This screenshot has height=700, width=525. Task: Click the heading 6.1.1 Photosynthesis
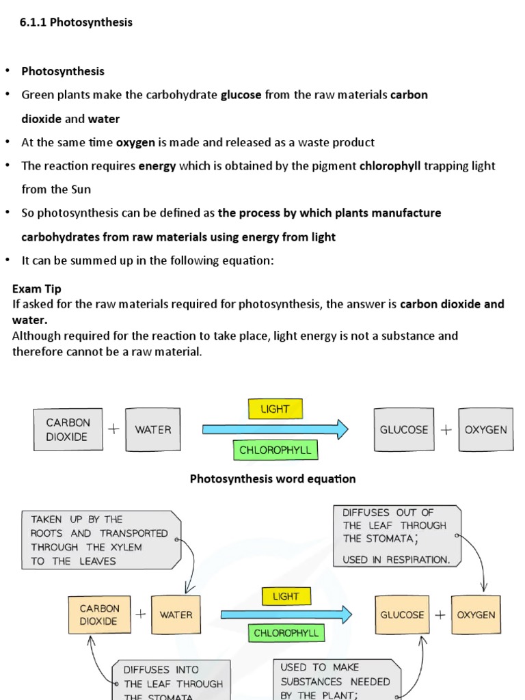coord(76,23)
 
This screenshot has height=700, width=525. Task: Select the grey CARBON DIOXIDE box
coord(67,430)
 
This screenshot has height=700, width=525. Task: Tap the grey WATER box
coord(153,430)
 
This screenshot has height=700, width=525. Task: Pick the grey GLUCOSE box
coord(404,430)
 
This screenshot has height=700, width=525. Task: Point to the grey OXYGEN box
coord(486,430)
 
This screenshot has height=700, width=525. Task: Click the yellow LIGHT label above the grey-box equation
coord(275,409)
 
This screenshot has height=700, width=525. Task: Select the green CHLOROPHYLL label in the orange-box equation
coord(286,633)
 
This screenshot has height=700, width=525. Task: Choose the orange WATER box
coord(176,615)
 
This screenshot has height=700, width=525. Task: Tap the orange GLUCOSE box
coord(402,615)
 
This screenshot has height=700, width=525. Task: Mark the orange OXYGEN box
coord(476,615)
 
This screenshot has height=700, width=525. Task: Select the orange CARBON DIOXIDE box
coord(99,615)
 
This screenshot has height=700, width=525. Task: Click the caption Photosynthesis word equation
coord(272,479)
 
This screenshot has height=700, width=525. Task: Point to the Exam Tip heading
coord(37,289)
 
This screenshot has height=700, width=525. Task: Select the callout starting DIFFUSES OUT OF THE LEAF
coord(396,536)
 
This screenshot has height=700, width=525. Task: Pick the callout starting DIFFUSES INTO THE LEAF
coord(171,682)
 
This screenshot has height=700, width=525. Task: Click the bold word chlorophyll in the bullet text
coord(390,166)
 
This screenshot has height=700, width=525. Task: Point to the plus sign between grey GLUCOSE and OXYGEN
coord(446,430)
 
